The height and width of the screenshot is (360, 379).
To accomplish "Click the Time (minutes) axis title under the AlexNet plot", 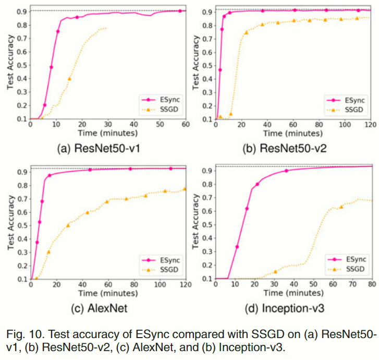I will [x=107, y=294].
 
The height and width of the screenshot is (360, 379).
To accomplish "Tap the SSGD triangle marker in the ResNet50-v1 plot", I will [x=69, y=79].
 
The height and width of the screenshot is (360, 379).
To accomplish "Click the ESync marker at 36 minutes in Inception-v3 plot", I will [x=286, y=171].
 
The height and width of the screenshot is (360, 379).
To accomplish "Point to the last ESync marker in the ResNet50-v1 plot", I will [x=180, y=11].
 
